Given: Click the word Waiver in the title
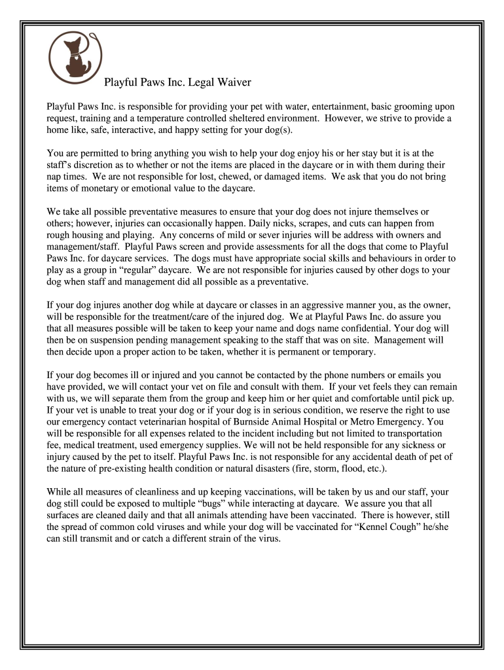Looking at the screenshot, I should pos(233,83).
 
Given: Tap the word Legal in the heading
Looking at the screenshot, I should pos(201,83).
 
